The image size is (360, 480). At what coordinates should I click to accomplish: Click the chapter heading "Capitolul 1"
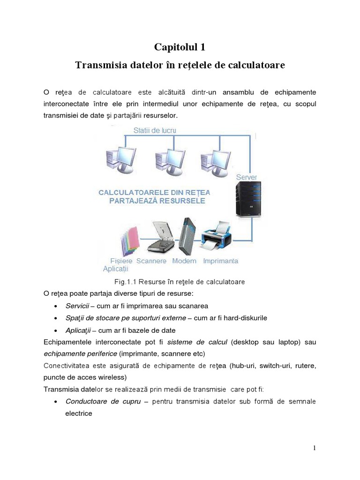pyautogui.click(x=180, y=47)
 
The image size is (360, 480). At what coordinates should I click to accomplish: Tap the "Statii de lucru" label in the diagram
pyautogui.click(x=155, y=130)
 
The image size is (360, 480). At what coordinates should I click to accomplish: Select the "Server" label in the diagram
pyautogui.click(x=246, y=177)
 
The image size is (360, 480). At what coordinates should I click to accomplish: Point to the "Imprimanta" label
pyautogui.click(x=220, y=261)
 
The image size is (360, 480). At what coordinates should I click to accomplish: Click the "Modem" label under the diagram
pyautogui.click(x=184, y=261)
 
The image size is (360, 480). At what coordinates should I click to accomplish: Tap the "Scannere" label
pyautogui.click(x=151, y=261)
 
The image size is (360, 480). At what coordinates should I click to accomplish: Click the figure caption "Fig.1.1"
pyautogui.click(x=126, y=282)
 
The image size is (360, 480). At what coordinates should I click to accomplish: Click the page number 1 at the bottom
pyautogui.click(x=315, y=448)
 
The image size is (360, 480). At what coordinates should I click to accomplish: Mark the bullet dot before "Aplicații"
pyautogui.click(x=56, y=330)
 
